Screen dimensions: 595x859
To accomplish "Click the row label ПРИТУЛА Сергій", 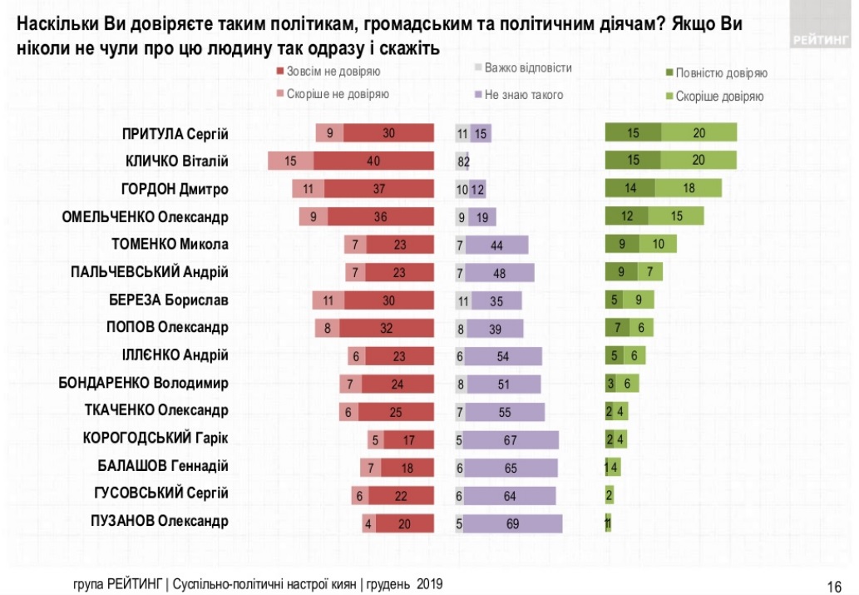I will click(x=175, y=134).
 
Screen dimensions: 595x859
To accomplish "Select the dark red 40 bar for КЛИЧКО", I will click(x=373, y=161).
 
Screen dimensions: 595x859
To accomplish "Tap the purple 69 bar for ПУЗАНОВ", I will click(x=513, y=523).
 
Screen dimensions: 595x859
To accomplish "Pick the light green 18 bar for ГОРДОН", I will click(x=689, y=189).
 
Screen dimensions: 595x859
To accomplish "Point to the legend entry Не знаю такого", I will click(x=523, y=95).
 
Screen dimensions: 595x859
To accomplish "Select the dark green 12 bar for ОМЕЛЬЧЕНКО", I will click(x=626, y=216).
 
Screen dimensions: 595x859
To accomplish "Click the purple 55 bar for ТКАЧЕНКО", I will click(x=505, y=411).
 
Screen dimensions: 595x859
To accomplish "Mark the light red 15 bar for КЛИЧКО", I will click(x=290, y=161).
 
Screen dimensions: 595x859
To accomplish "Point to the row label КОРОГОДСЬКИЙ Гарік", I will click(x=156, y=439).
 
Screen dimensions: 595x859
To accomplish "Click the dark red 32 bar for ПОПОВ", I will click(x=386, y=328).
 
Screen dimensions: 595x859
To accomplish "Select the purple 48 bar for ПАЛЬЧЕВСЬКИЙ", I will click(x=500, y=272).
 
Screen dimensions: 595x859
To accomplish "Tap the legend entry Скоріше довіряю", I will click(x=718, y=97).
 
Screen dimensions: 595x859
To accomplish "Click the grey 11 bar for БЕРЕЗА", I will click(x=463, y=300).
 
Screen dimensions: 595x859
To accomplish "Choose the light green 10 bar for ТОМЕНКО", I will click(x=659, y=245).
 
